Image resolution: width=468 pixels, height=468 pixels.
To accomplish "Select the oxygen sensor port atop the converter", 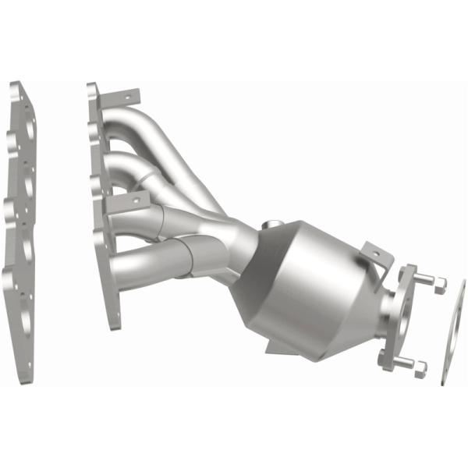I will point(273,226).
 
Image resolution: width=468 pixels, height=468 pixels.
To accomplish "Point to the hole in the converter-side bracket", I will point(372,253).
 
